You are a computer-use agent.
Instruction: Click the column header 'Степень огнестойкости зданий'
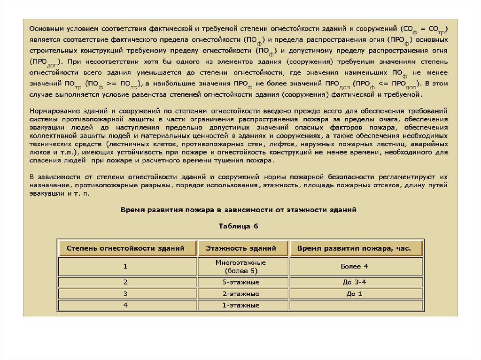click(125, 248)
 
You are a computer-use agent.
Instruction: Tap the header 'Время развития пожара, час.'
click(354, 248)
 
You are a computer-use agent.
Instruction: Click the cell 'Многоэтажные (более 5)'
click(241, 266)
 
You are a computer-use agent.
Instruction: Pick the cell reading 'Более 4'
click(354, 266)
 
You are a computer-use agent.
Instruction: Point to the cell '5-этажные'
click(241, 282)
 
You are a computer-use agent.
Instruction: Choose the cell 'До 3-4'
click(354, 282)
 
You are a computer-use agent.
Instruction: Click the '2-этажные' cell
click(241, 294)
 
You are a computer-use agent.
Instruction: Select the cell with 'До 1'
click(354, 294)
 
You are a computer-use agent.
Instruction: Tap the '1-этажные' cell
click(241, 305)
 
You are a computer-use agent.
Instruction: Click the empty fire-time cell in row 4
click(354, 305)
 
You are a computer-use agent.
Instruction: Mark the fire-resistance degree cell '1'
click(125, 266)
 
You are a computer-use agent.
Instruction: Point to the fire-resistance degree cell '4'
click(125, 305)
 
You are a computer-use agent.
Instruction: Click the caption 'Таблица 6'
click(239, 226)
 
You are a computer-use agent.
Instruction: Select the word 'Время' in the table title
click(134, 208)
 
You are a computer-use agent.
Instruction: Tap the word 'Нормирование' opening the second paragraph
click(53, 111)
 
